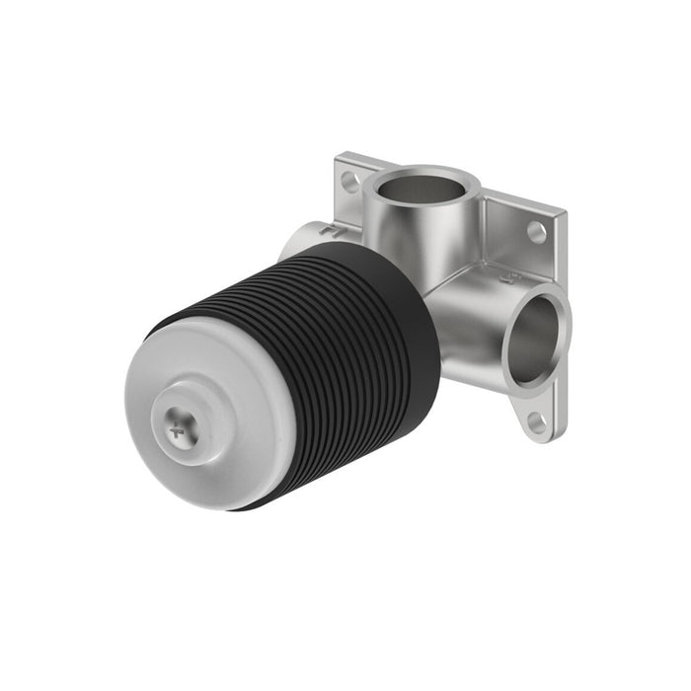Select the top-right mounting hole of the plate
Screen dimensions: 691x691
tap(537, 233)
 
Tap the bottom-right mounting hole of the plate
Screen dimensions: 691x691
tap(536, 422)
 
